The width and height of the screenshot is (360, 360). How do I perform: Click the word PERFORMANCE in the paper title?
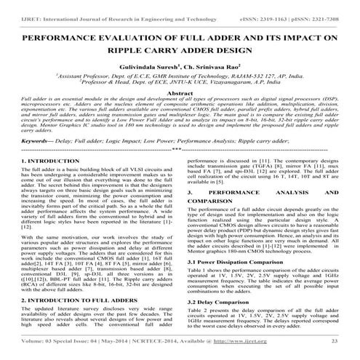pyautogui.click(x=58, y=38)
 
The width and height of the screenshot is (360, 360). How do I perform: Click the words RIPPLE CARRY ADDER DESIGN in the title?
pyautogui.click(x=179, y=52)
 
